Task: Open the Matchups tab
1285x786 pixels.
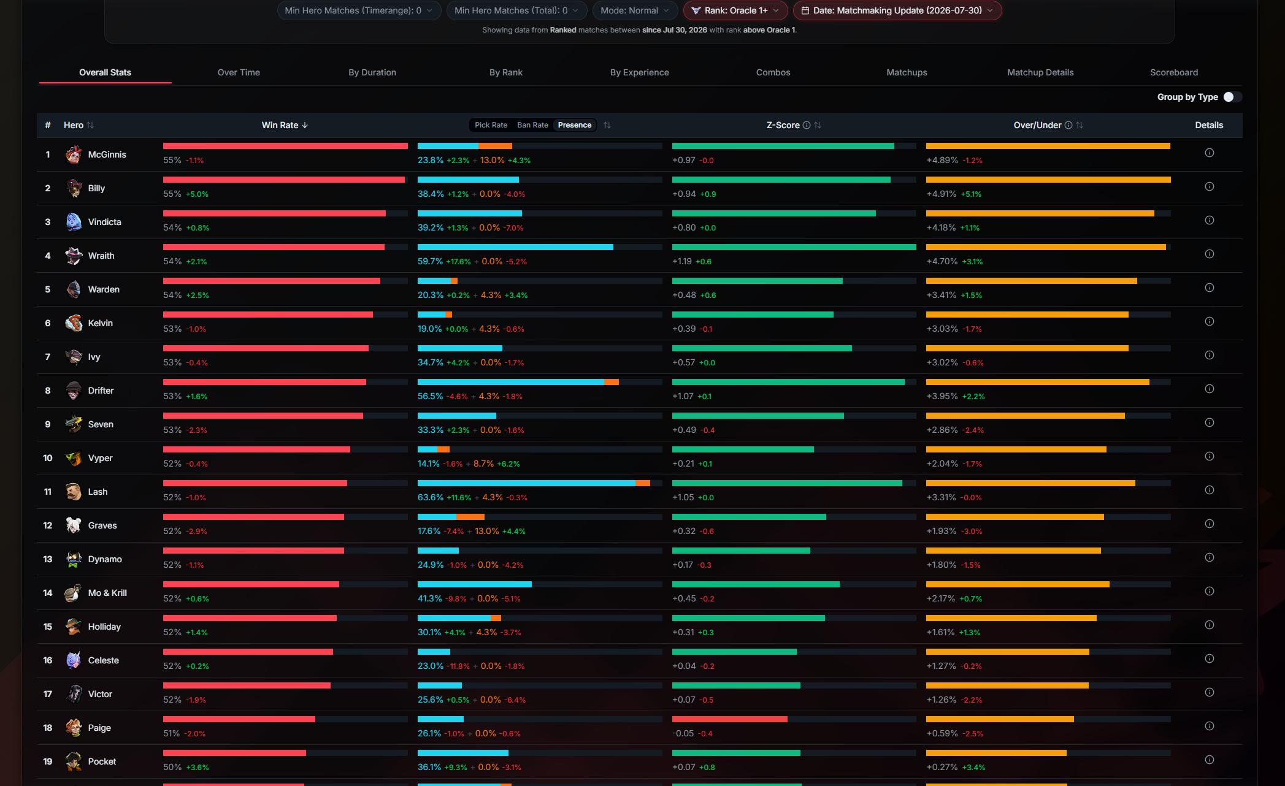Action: click(x=907, y=72)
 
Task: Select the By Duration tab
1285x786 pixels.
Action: click(x=372, y=72)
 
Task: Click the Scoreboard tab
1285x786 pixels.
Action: click(x=1174, y=72)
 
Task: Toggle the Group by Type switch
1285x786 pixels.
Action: click(x=1232, y=97)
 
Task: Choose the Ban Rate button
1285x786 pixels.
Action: click(x=532, y=125)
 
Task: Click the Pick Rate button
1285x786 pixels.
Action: click(x=491, y=125)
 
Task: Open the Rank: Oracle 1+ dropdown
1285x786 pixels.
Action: click(x=735, y=10)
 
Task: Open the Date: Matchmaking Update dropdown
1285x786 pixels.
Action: click(x=897, y=10)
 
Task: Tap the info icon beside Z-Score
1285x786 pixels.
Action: click(x=807, y=125)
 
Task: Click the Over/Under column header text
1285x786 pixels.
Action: click(x=1037, y=125)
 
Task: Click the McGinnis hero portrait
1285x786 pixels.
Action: click(x=74, y=155)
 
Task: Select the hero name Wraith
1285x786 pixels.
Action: click(x=101, y=256)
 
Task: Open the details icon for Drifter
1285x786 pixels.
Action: click(x=1209, y=389)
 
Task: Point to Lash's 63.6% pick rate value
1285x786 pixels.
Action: click(x=431, y=497)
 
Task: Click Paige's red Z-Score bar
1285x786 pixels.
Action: click(x=729, y=719)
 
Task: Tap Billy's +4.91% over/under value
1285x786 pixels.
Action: click(x=942, y=194)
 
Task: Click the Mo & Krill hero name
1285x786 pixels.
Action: click(x=107, y=593)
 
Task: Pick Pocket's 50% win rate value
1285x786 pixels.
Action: click(x=172, y=767)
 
